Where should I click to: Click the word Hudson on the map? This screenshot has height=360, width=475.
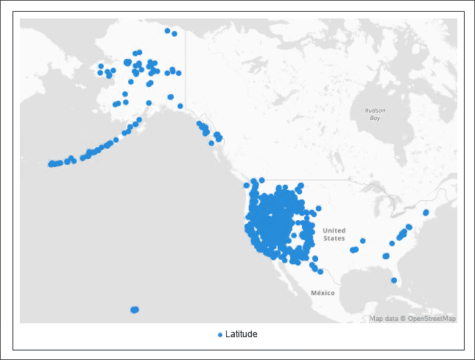[x=375, y=110]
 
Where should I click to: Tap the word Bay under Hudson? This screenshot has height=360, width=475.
[x=375, y=118]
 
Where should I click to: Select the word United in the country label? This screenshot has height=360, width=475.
[x=334, y=230]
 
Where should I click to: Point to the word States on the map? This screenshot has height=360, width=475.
[x=334, y=239]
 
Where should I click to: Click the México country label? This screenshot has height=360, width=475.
[x=323, y=293]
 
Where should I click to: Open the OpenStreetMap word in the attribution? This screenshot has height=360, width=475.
[x=433, y=319]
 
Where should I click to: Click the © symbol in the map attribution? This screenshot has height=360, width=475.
[x=402, y=319]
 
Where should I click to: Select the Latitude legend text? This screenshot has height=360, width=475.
[x=242, y=334]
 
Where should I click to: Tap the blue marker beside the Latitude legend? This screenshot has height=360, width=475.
[x=220, y=335]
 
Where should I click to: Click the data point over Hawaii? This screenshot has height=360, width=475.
[x=134, y=310]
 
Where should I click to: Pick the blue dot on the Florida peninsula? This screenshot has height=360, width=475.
[x=394, y=280]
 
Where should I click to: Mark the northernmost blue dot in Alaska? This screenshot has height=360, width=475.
[x=168, y=31]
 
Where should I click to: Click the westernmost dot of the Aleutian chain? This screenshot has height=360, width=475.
[x=51, y=164]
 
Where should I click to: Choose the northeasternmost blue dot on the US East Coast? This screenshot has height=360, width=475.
[x=426, y=213]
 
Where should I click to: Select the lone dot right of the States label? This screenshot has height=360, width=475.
[x=363, y=241]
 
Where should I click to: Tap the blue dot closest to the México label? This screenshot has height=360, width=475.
[x=321, y=272]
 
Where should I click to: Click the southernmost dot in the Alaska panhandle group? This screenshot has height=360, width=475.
[x=212, y=143]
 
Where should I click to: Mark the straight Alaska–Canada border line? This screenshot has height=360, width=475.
[x=186, y=74]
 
